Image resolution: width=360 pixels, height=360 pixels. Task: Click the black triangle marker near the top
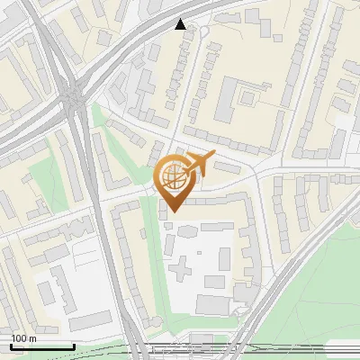(x=181, y=24)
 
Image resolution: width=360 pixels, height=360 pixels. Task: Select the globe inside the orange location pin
(x=172, y=177)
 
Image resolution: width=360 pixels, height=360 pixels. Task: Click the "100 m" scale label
(x=24, y=338)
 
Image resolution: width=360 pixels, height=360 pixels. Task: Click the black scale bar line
(x=42, y=346)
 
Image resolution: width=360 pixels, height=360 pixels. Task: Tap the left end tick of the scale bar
(x=11, y=345)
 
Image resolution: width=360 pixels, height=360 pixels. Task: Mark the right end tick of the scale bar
(x=74, y=345)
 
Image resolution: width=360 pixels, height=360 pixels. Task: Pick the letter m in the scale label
(x=32, y=338)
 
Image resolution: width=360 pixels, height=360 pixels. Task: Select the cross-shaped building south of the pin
(x=184, y=266)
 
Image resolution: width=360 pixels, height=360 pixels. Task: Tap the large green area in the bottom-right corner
(x=315, y=306)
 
